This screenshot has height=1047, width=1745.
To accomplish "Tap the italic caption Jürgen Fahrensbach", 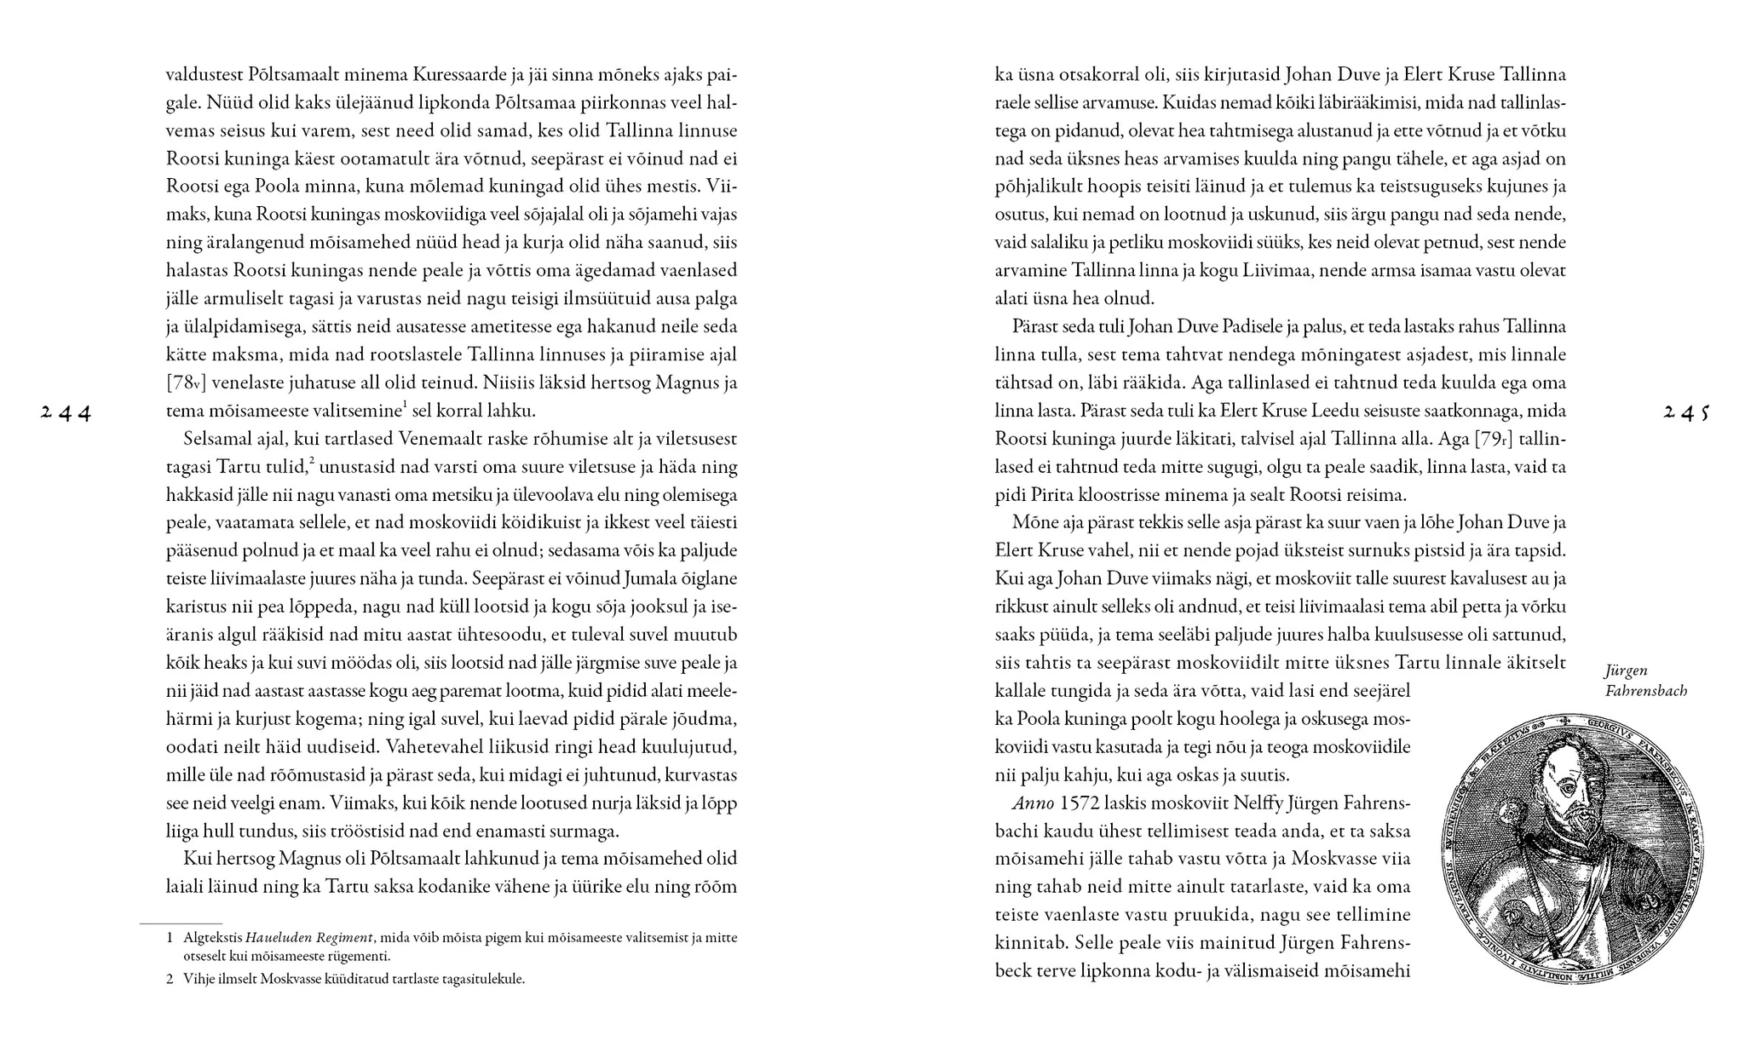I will coord(1644,681).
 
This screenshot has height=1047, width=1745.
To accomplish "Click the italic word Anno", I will coord(1029,803).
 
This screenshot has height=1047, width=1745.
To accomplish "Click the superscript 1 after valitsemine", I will coord(405,406).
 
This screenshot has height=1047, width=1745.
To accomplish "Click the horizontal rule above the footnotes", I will coord(181,923).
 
